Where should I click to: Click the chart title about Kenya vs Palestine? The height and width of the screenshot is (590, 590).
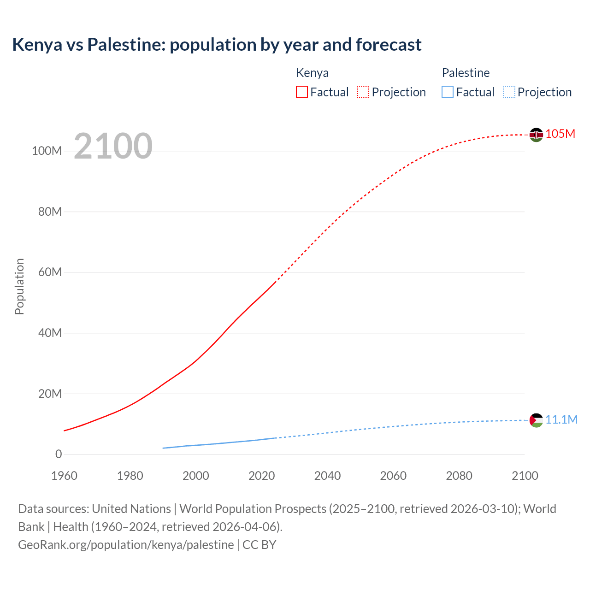(217, 45)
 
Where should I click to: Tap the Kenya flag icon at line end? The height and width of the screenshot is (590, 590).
(536, 135)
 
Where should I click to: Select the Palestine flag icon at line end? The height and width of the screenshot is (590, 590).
(536, 420)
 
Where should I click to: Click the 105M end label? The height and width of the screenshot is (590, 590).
(560, 134)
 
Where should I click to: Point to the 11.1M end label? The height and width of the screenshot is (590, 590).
(561, 419)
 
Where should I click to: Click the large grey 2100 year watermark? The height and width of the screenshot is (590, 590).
(113, 146)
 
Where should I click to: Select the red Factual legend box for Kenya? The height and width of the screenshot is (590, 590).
(302, 92)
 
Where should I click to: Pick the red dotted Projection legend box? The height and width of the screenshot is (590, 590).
(363, 92)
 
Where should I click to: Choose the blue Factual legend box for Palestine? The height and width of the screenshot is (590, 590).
(448, 92)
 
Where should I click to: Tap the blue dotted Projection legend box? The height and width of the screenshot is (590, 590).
(509, 92)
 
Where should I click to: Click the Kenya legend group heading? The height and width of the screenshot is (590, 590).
(312, 73)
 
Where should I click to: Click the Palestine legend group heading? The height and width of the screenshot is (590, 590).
(466, 73)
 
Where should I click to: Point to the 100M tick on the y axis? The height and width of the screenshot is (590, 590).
(47, 151)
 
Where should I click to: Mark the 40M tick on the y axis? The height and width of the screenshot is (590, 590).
(49, 333)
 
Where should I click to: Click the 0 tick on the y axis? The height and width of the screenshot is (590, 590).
(58, 454)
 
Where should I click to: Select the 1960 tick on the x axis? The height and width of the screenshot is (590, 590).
(64, 476)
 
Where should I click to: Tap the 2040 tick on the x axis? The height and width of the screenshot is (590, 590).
(327, 476)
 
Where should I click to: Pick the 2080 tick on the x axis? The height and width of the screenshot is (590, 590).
(459, 476)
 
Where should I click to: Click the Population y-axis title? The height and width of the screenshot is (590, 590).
(19, 286)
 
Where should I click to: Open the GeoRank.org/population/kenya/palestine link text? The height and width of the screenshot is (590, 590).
(126, 544)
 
